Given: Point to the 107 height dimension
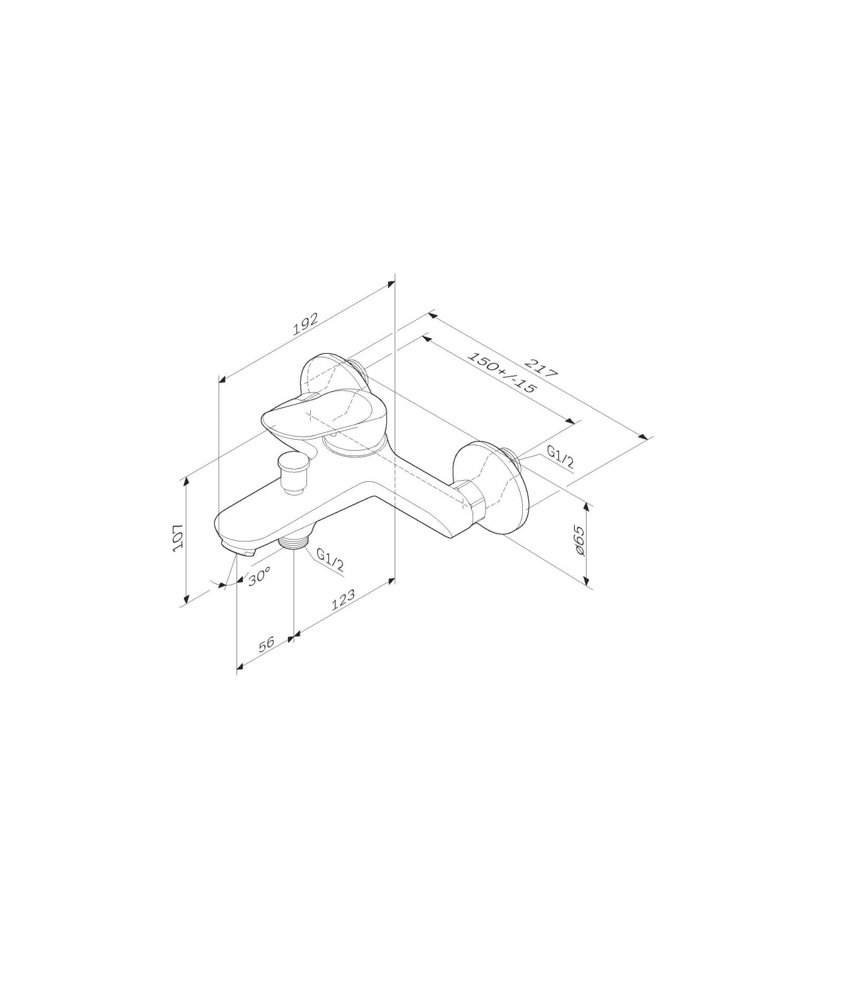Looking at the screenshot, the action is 177,538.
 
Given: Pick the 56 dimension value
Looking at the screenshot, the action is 267,645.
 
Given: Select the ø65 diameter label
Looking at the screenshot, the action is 580,542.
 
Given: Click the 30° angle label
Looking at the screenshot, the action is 259,578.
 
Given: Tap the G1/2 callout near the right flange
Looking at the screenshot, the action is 560,457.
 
